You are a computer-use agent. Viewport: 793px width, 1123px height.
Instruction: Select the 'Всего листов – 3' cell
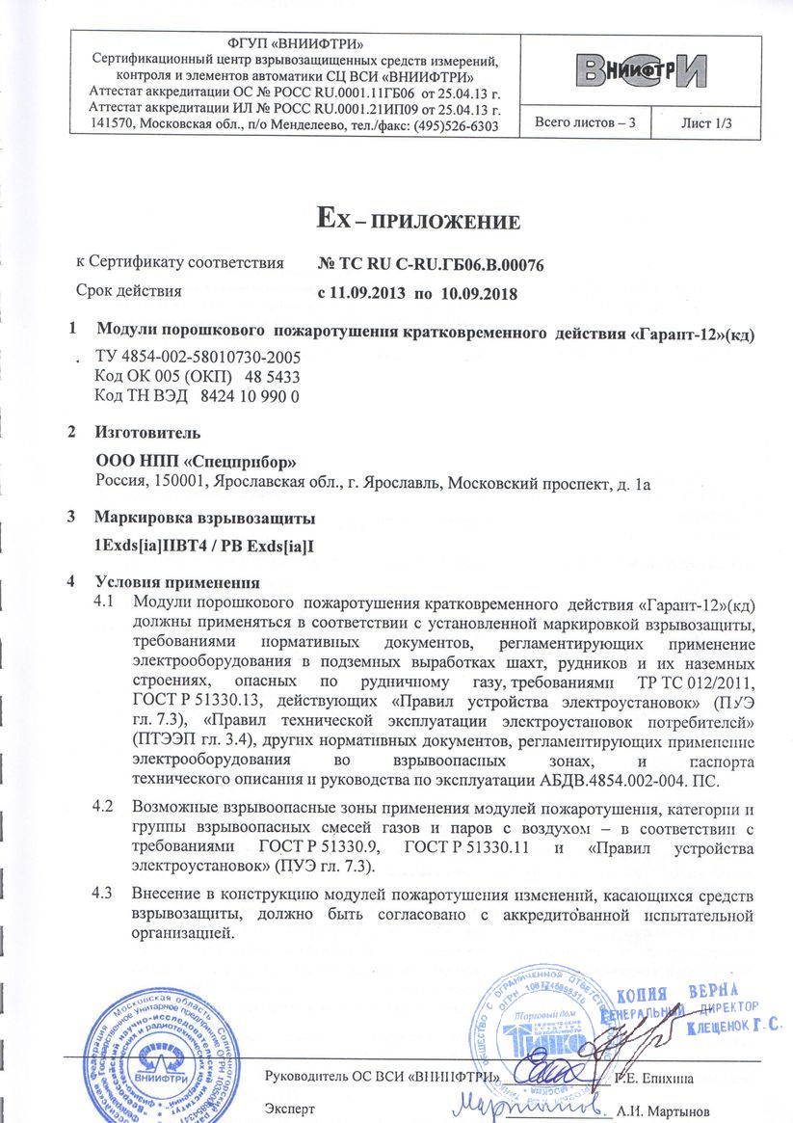tap(586, 123)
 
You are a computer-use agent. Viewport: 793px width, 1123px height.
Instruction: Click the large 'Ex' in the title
tap(330, 219)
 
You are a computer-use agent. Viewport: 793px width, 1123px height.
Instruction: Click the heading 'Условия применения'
tap(177, 582)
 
